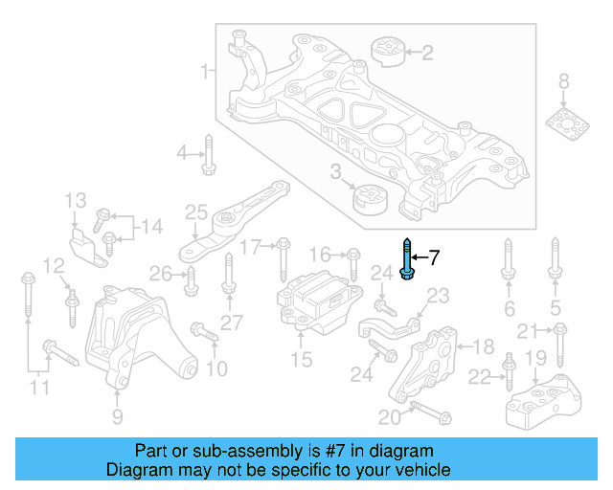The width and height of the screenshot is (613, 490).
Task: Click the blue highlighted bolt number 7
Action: [x=408, y=258]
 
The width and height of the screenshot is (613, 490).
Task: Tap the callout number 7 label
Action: [x=433, y=256]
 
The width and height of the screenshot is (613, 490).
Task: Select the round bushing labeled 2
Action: [x=388, y=52]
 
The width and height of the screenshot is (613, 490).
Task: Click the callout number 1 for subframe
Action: [x=203, y=72]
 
